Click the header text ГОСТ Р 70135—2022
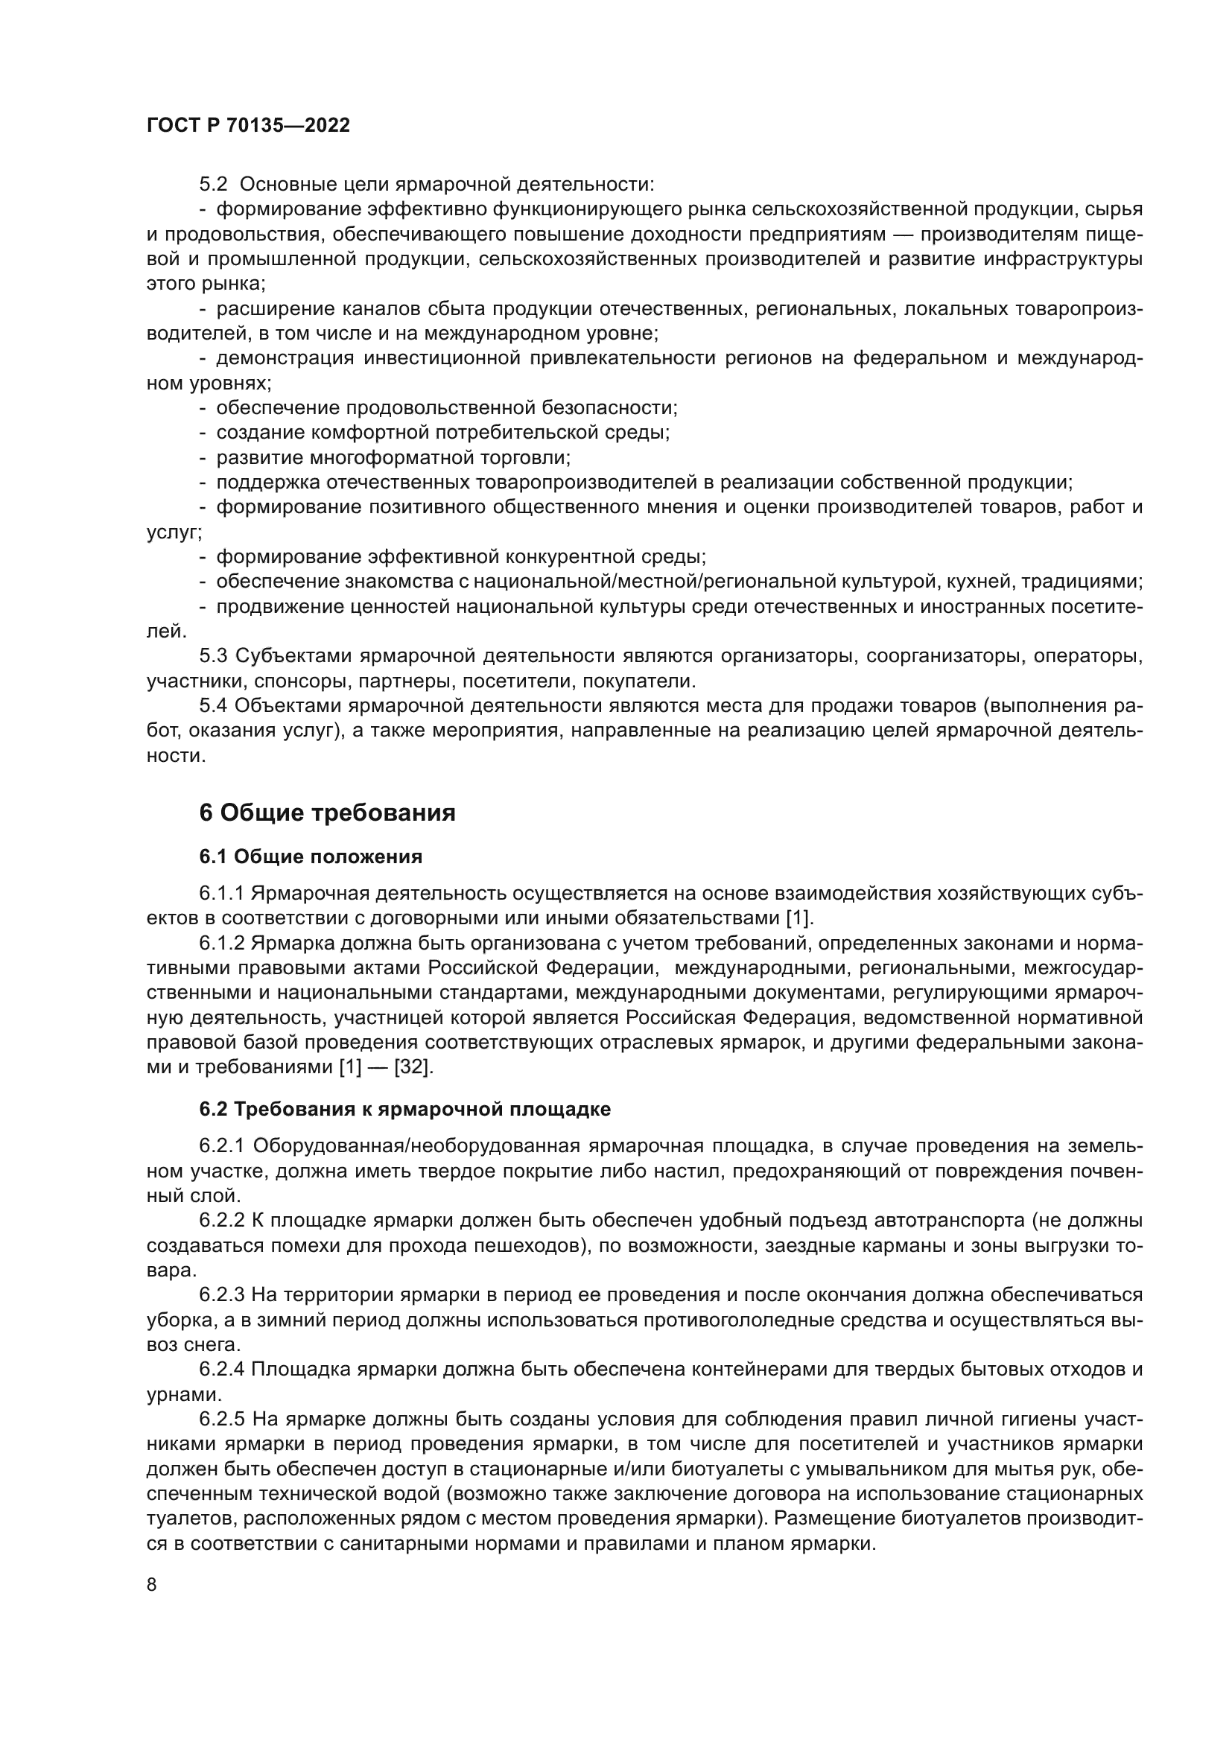tap(248, 126)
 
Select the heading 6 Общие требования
tap(327, 813)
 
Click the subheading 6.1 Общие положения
tap(311, 856)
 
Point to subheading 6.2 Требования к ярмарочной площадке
tap(404, 1109)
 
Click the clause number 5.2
tap(213, 185)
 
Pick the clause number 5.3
tap(213, 655)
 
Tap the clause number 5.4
tap(213, 705)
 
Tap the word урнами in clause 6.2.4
tap(174, 1394)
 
